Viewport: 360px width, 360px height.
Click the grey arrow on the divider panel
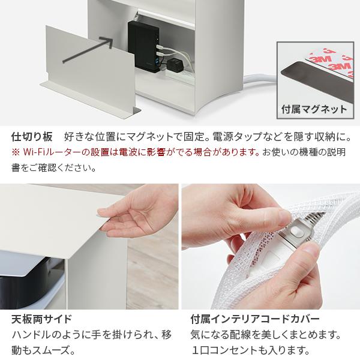pos(88,49)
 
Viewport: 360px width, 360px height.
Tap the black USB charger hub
pos(144,46)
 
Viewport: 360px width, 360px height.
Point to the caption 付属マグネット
pos(314,109)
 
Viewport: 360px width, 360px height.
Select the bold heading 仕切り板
pos(32,137)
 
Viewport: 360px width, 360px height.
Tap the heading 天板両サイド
pos(42,319)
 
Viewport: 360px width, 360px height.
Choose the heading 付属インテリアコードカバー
pos(255,319)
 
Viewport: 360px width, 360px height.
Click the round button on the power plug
pos(296,232)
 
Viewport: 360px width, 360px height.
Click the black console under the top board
pos(30,283)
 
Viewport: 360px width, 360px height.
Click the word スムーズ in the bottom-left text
pos(51,350)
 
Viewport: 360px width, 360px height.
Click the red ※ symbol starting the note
pos(16,152)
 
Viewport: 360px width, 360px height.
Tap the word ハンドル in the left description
pos(31,335)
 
